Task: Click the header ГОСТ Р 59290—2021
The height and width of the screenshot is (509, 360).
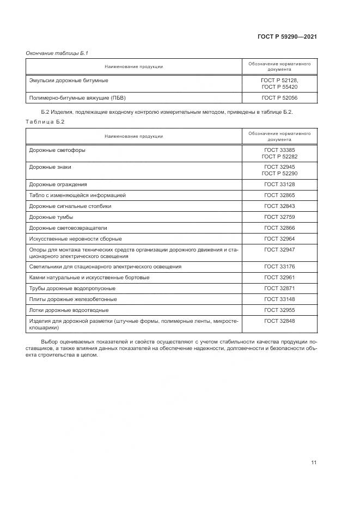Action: [287, 36]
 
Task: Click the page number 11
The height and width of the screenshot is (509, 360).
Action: [314, 463]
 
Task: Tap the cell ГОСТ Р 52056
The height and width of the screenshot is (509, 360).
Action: [279, 97]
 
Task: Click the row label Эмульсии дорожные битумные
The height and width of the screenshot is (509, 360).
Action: [69, 80]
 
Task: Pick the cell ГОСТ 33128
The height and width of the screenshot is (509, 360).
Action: [279, 185]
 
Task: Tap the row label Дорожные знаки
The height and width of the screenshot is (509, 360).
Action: [50, 167]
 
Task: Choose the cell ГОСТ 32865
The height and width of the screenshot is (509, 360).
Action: [279, 195]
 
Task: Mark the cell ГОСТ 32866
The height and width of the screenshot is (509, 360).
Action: [279, 228]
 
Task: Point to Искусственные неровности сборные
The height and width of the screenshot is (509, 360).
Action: [75, 238]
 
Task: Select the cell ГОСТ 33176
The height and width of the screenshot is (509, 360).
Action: [279, 267]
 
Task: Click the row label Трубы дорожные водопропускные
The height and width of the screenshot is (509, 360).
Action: [72, 288]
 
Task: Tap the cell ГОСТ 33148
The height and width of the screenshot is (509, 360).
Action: [279, 299]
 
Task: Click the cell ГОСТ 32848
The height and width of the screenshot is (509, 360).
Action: [279, 321]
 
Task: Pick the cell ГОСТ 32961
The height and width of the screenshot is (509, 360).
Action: [279, 278]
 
